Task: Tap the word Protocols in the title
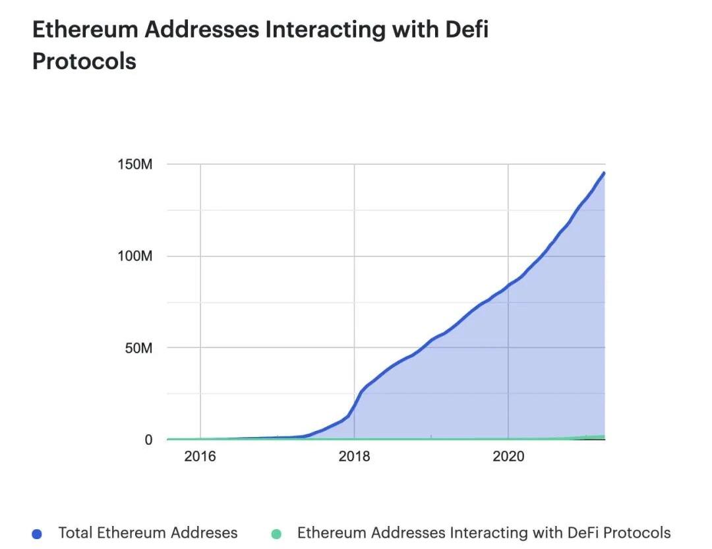point(84,61)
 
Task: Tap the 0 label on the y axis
point(148,440)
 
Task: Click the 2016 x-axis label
point(200,456)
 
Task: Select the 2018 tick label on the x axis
point(355,456)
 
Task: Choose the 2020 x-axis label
point(508,456)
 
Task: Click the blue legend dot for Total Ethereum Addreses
point(37,534)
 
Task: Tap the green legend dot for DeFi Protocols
point(276,534)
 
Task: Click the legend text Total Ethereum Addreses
point(148,533)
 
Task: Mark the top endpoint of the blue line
point(604,173)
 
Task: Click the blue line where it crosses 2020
point(508,285)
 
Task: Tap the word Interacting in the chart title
point(324,30)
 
